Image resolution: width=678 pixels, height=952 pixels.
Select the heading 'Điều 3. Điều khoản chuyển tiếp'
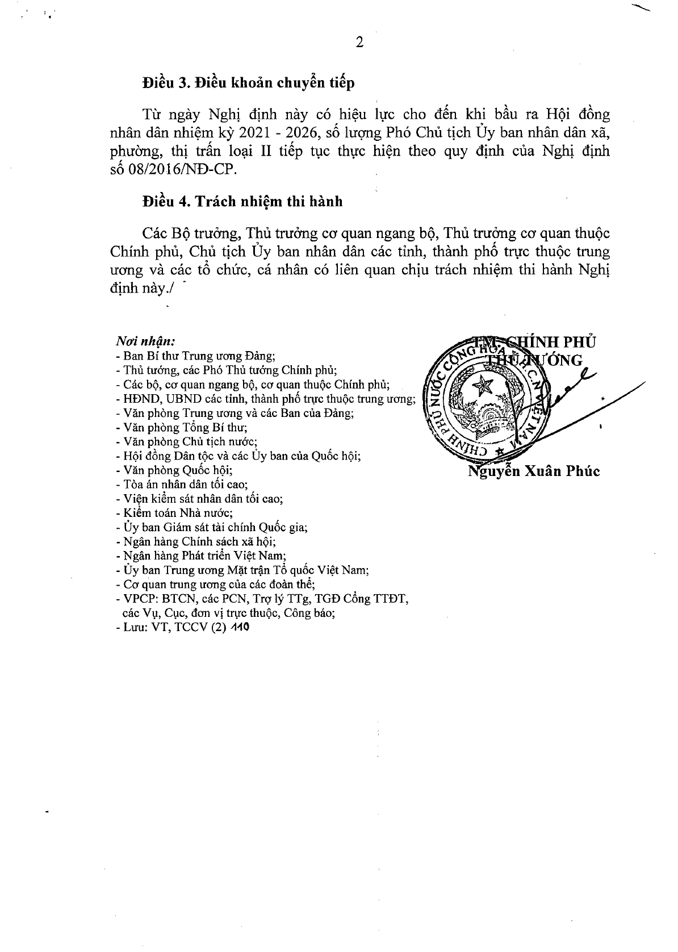[249, 83]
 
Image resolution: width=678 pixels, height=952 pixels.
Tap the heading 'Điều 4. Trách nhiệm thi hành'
[242, 202]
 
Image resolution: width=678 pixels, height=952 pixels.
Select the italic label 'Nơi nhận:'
[145, 342]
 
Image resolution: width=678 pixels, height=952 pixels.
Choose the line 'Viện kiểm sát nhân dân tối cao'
[203, 499]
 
